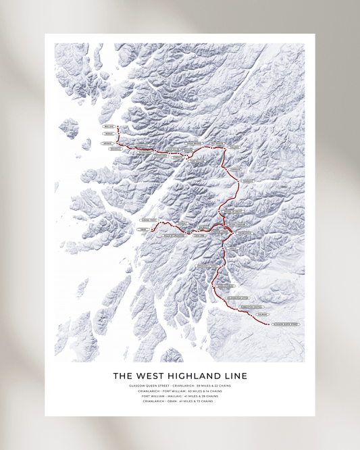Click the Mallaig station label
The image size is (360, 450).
[x=109, y=126]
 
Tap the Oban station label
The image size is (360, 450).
[x=143, y=230]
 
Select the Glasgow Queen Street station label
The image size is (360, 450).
[x=286, y=324]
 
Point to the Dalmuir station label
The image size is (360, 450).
[x=263, y=315]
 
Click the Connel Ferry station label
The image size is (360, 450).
[x=149, y=220]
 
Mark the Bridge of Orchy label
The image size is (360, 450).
[x=231, y=212]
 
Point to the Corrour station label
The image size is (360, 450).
[x=235, y=170]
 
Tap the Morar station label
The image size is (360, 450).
[x=109, y=134]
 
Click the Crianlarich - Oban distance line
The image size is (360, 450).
[x=180, y=401]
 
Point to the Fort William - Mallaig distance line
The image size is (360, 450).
[x=180, y=396]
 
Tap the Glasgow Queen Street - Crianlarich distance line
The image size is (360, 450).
[x=180, y=386]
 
